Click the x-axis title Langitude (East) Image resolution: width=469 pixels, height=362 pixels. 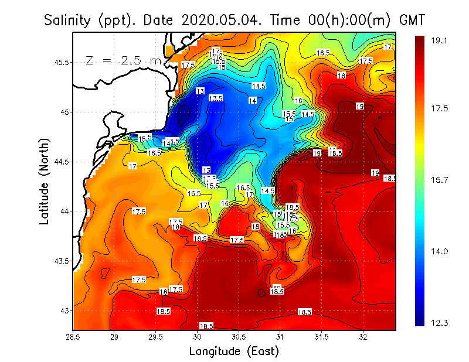point(234,351)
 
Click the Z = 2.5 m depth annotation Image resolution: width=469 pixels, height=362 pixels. point(123,60)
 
